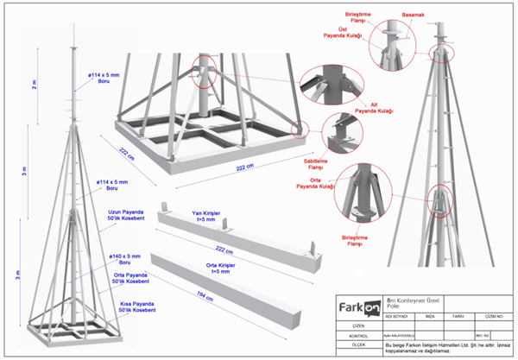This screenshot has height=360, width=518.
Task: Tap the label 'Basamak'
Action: point(414,15)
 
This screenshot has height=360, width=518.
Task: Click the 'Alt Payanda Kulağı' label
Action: point(374,107)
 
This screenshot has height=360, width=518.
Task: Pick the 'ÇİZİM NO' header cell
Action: point(494,317)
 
